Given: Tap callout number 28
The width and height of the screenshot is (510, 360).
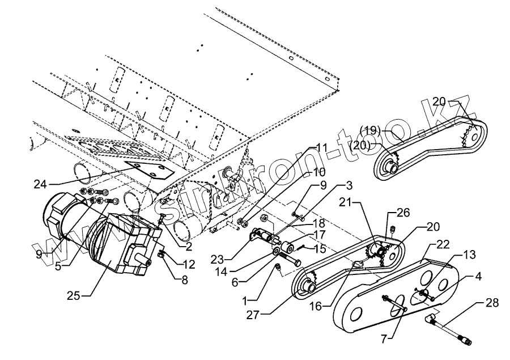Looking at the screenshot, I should coord(492,303).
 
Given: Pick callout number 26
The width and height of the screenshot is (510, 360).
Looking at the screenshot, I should coord(403,213).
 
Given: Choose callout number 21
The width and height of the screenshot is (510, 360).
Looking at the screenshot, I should coord(346,202).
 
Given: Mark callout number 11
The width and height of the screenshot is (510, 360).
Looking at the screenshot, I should coord(322,148).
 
